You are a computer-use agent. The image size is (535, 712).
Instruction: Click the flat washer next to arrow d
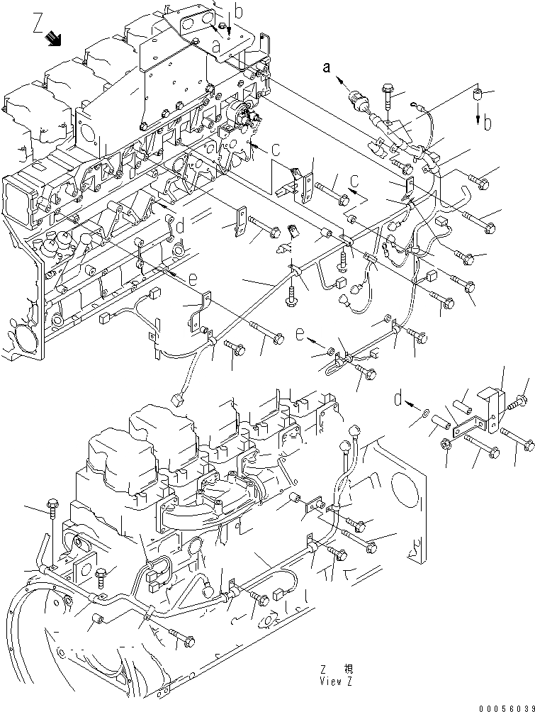coord(424,413)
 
